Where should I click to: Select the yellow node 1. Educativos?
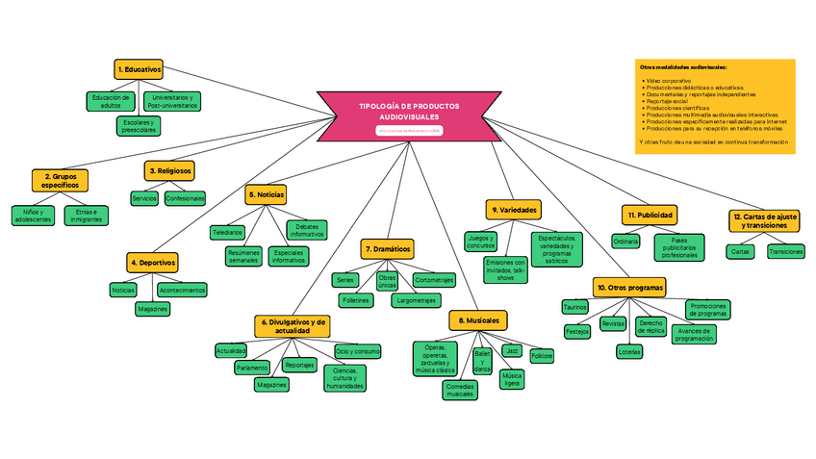pos(139,69)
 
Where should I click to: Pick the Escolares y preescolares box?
pos(139,126)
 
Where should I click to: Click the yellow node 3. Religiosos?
pos(170,169)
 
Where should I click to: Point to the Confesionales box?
pos(185,198)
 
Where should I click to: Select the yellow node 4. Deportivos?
pos(151,261)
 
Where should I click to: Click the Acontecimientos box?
pos(181,289)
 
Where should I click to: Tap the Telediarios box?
pos(227,232)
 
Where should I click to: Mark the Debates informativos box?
pos(307,230)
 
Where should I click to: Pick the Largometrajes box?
pos(420,300)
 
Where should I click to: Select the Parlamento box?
pos(252,367)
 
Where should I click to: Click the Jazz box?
pos(512,350)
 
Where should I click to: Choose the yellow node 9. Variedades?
pos(513,209)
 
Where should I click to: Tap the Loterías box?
pos(629,351)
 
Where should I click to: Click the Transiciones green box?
pos(784,251)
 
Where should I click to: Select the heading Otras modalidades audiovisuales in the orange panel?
pos(683,67)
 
